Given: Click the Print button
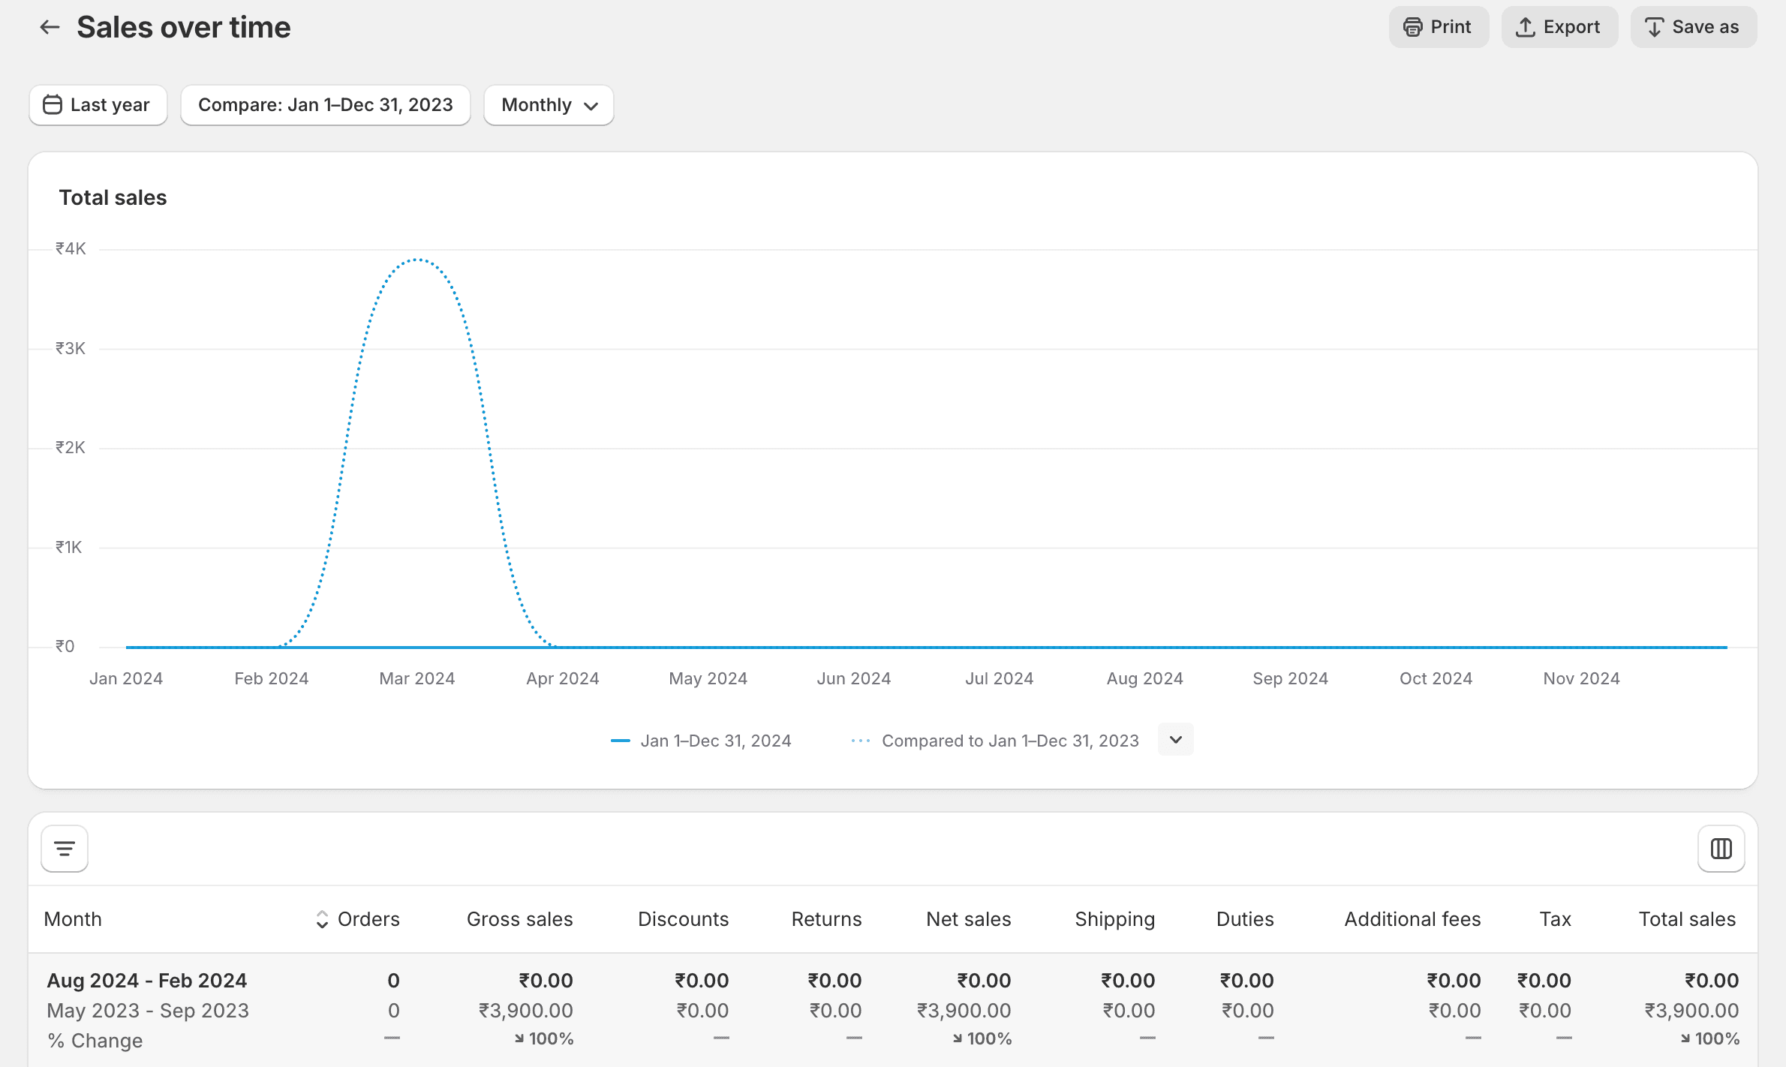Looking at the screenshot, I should (1438, 27).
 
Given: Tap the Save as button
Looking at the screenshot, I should (1693, 27).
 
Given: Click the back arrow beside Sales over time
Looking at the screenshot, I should (50, 27).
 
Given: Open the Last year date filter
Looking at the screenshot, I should (98, 105).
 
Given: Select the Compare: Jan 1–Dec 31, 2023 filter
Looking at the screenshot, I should (325, 105).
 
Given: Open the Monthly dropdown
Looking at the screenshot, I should (549, 105).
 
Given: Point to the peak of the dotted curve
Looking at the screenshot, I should (417, 260).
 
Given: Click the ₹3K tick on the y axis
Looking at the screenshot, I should (71, 348).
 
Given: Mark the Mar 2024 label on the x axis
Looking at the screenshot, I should (417, 678).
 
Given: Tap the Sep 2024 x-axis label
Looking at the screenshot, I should (1290, 678).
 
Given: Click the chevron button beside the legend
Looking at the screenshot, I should (1175, 740).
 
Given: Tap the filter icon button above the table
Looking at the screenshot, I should (65, 849).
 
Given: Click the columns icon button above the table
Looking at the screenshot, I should (1721, 849).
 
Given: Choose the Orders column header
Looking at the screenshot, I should (368, 919).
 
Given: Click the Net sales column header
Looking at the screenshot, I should (968, 919).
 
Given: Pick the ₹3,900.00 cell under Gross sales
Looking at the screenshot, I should (526, 1011).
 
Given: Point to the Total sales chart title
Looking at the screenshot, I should (113, 197).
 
